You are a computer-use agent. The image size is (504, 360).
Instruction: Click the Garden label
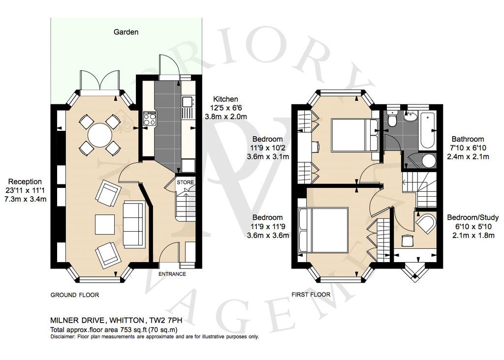click(x=126, y=32)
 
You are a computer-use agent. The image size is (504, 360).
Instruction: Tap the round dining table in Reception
click(x=100, y=135)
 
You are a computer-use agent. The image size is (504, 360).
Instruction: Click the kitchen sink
click(x=187, y=102)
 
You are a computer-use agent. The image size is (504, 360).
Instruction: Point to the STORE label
click(x=186, y=182)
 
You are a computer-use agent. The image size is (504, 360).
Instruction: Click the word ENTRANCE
click(x=172, y=274)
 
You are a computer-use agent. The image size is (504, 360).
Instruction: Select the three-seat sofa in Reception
click(x=134, y=225)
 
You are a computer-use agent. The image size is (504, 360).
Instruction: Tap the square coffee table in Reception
click(x=105, y=225)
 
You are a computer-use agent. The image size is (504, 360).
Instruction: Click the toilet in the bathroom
click(x=392, y=118)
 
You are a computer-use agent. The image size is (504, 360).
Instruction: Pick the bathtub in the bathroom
click(x=427, y=130)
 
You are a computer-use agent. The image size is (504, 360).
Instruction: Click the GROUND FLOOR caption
click(x=75, y=295)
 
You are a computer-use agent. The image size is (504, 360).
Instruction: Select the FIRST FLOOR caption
click(x=311, y=295)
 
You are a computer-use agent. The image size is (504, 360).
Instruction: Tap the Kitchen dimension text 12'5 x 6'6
click(x=225, y=108)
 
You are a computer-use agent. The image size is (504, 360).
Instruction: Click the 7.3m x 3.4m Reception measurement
click(x=25, y=199)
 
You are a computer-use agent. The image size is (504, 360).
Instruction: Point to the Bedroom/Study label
click(x=473, y=217)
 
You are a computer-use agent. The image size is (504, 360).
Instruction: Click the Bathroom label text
click(x=468, y=139)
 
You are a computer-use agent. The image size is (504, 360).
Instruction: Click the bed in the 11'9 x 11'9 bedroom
click(x=323, y=230)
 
